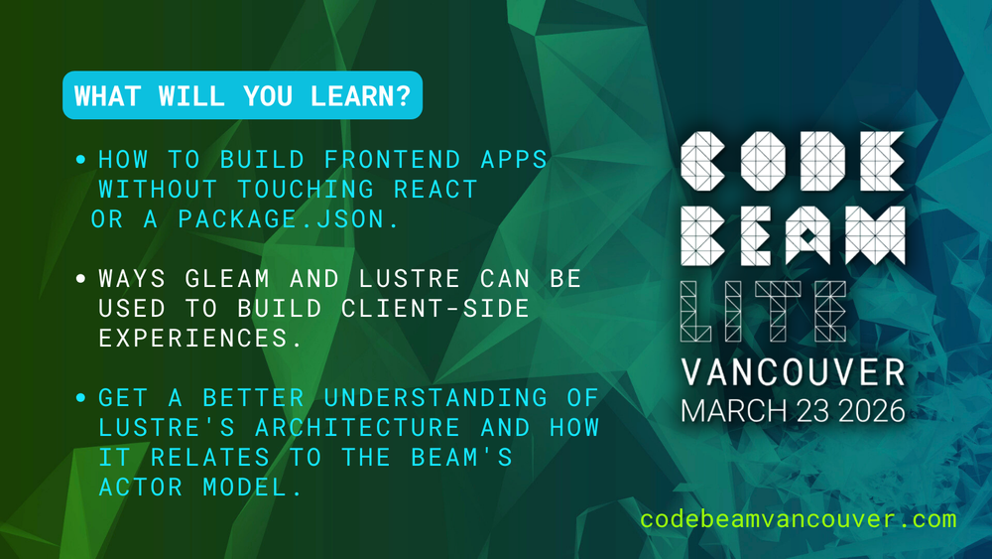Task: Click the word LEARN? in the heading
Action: coord(361,96)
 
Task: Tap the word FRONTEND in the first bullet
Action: coord(392,160)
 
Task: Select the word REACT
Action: coord(435,190)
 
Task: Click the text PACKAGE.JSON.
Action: coord(289,219)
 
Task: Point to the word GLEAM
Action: coord(228,279)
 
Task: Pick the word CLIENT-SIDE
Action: coord(435,309)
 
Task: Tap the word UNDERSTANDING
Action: coord(435,397)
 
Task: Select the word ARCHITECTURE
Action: coord(357,427)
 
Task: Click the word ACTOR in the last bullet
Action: coord(141,487)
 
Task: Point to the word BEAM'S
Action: coord(462,457)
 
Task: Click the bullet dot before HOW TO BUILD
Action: coord(80,160)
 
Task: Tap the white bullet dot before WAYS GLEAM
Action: coord(80,279)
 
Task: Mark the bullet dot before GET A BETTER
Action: coord(80,397)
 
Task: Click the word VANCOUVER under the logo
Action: coord(794,372)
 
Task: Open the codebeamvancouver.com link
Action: coord(799,519)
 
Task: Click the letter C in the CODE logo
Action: coord(703,162)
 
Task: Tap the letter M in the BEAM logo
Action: coord(875,235)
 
